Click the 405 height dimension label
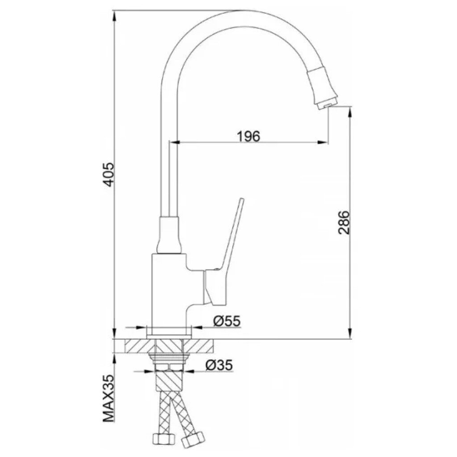click(x=108, y=174)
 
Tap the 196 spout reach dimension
click(x=248, y=136)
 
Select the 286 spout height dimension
click(x=344, y=222)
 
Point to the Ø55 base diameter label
click(x=227, y=321)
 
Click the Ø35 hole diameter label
click(x=219, y=365)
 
